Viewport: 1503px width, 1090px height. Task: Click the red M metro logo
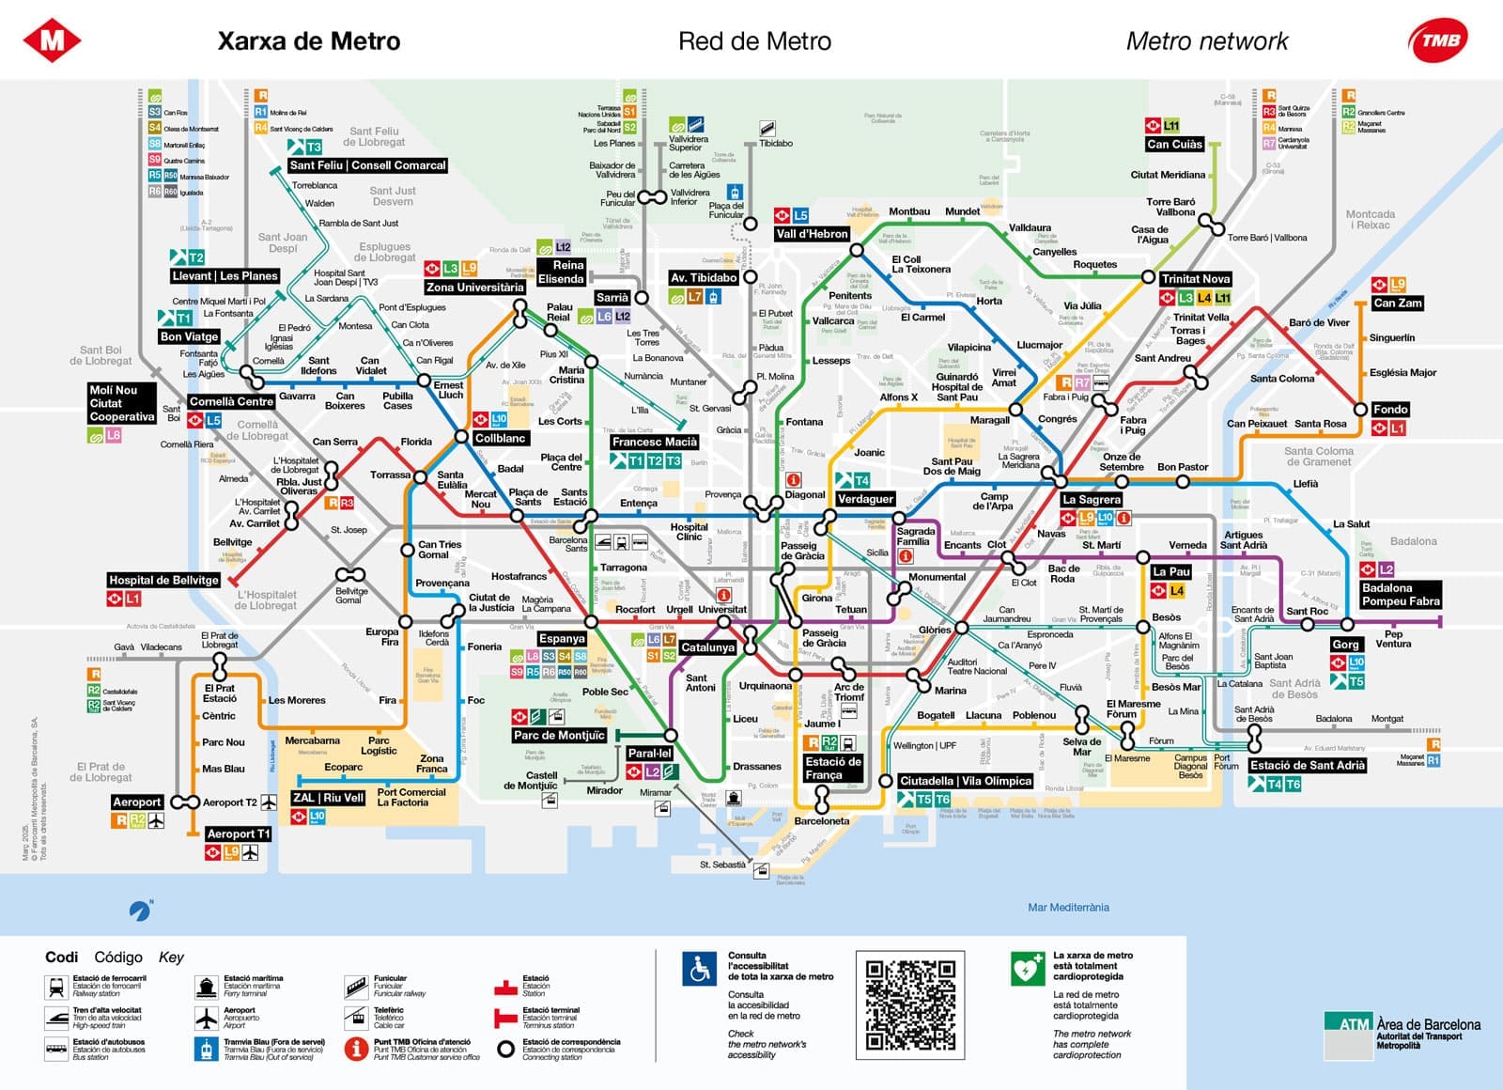pos(52,40)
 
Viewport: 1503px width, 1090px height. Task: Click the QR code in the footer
pos(910,1004)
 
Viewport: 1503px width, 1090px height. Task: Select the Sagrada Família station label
pos(915,537)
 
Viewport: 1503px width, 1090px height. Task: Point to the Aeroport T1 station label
pos(238,833)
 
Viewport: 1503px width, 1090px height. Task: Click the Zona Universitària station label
pos(474,288)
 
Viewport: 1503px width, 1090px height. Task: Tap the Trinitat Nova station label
pos(1195,279)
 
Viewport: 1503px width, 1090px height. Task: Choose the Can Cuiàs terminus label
pos(1174,144)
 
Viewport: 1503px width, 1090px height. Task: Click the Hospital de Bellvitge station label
pos(163,580)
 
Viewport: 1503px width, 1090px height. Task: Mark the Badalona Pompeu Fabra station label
pos(1400,594)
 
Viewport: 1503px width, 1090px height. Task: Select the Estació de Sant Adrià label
pos(1307,765)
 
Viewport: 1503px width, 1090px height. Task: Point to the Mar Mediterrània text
pos(1068,908)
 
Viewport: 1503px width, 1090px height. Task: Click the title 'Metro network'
pos(1207,41)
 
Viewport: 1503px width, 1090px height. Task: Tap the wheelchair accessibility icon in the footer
pos(700,970)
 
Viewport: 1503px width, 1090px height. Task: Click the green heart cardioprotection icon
pos(1028,969)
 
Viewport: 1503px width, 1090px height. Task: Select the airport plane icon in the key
pos(207,1018)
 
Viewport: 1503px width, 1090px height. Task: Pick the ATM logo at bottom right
pos(1348,1024)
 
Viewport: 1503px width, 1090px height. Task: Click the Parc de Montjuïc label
pos(559,736)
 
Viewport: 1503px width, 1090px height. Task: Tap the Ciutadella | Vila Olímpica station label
pos(965,781)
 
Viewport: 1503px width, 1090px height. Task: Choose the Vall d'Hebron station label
pos(812,234)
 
